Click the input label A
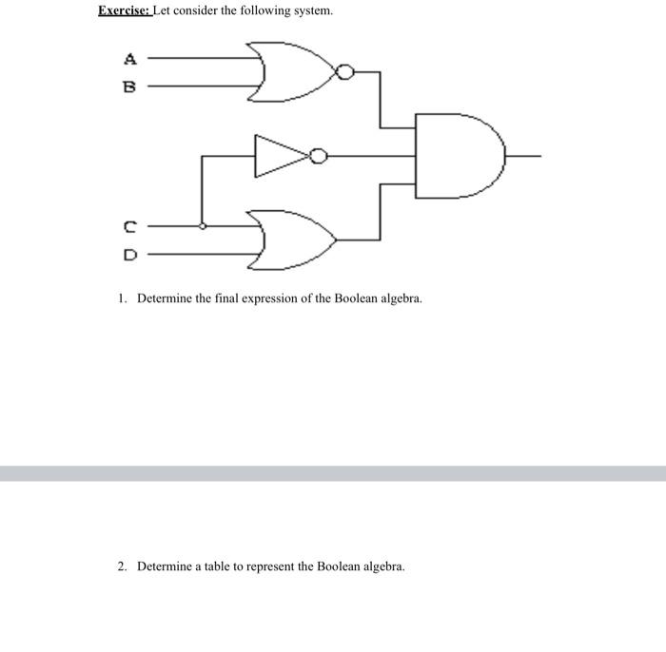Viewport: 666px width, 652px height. coord(130,59)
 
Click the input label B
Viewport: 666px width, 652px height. coord(130,86)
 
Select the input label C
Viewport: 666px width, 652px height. coord(130,227)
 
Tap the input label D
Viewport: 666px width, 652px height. coord(130,255)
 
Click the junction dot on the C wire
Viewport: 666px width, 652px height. coord(202,226)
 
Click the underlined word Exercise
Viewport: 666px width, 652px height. coord(124,11)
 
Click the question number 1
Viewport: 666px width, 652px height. coord(122,298)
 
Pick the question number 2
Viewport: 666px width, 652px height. coord(122,566)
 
